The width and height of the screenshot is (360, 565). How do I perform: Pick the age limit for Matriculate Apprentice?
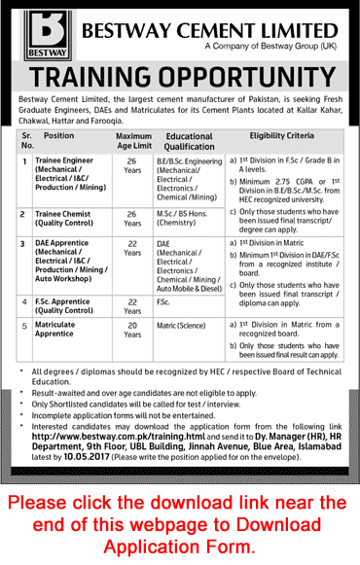point(133,332)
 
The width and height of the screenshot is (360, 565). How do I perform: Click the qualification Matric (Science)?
point(185,327)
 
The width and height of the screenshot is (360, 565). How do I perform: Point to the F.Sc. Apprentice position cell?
point(70,306)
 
